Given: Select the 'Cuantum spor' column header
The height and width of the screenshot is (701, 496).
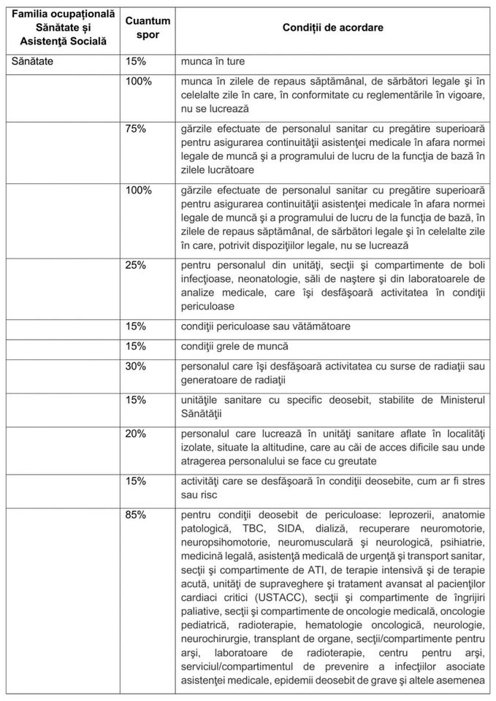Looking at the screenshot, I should pos(144,27).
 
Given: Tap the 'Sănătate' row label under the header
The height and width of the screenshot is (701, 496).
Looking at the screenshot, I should pos(34,62).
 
